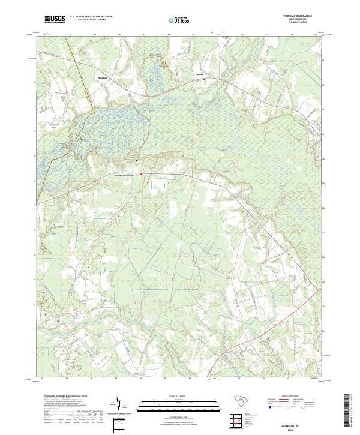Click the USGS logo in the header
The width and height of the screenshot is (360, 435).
(55, 20)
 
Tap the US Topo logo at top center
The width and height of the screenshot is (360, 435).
(179, 20)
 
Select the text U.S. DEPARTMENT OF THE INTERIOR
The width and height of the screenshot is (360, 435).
(91, 17)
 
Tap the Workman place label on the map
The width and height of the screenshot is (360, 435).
(103, 77)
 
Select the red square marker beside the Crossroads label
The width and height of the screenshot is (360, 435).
(141, 175)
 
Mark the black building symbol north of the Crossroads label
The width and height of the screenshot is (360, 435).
(136, 160)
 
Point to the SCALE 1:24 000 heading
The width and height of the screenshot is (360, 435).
(171, 397)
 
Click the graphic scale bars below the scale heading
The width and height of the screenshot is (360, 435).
(171, 405)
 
